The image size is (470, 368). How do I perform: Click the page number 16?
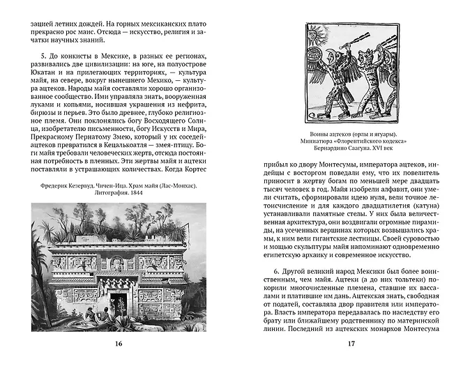click(x=118, y=344)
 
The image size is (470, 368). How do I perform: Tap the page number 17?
click(x=351, y=344)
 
